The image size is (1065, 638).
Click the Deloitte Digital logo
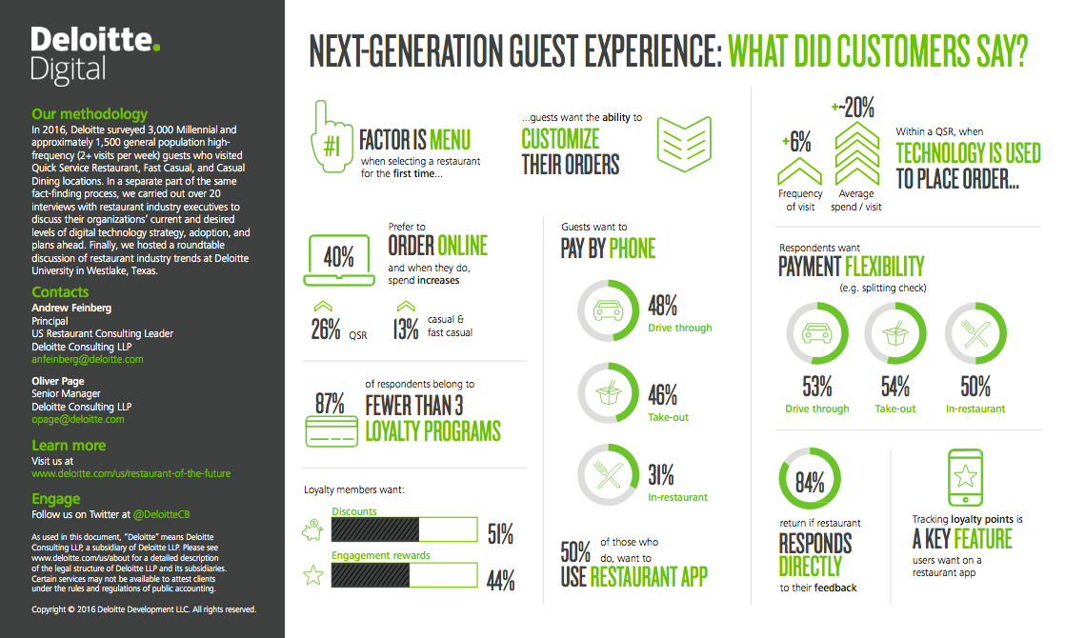[95, 55]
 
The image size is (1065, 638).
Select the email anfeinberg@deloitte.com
[88, 360]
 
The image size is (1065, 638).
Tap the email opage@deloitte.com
[78, 419]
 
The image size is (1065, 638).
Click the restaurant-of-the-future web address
[131, 473]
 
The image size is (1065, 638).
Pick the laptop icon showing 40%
[338, 258]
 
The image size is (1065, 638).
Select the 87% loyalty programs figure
[331, 403]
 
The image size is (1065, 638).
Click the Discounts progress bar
[404, 529]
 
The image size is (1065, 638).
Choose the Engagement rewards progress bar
[404, 574]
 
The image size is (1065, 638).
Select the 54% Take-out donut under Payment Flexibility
[894, 333]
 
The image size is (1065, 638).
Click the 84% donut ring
[810, 482]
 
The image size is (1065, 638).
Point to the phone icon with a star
[966, 478]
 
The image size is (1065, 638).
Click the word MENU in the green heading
[450, 140]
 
